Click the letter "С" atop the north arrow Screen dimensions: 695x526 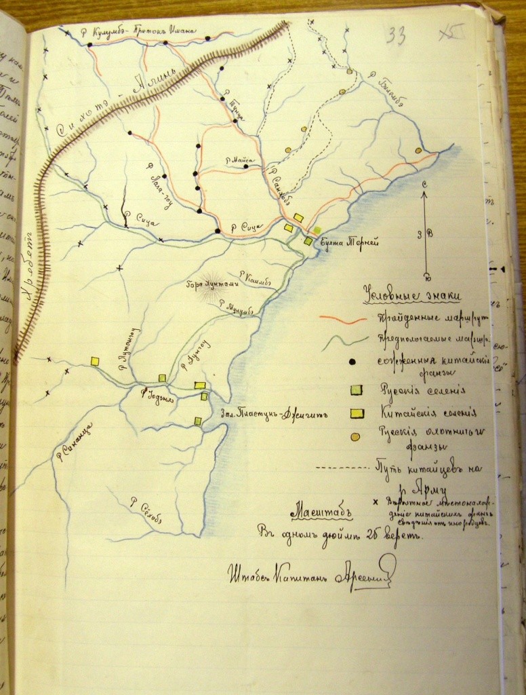[x=424, y=184]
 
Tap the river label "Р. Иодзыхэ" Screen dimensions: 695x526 [x=157, y=395]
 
